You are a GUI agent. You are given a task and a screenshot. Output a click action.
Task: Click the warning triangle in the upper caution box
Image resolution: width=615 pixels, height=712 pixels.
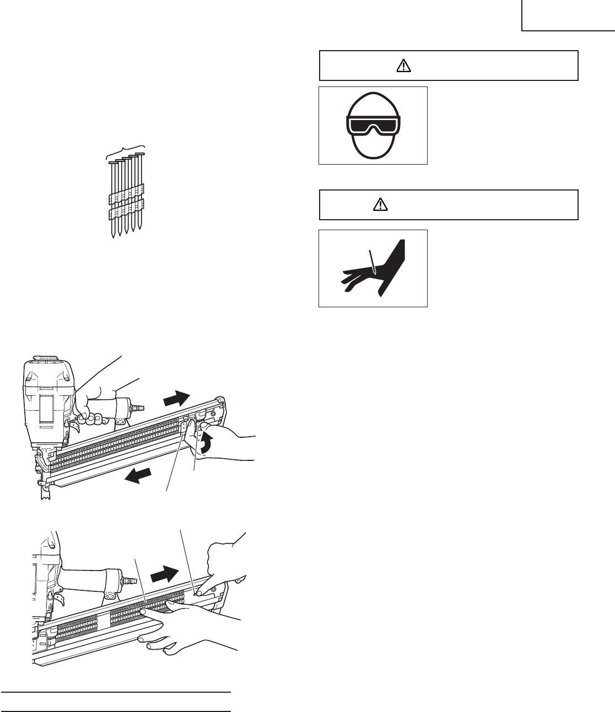click(x=404, y=66)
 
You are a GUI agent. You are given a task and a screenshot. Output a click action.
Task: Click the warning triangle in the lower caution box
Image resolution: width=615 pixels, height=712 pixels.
click(x=380, y=205)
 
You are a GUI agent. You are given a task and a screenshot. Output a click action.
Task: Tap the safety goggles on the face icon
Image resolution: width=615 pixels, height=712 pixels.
click(x=373, y=126)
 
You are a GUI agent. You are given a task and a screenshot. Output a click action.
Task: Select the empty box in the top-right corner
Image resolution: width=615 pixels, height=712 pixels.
click(x=568, y=15)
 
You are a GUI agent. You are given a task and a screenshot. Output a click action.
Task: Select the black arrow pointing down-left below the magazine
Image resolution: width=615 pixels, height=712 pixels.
click(x=137, y=476)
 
